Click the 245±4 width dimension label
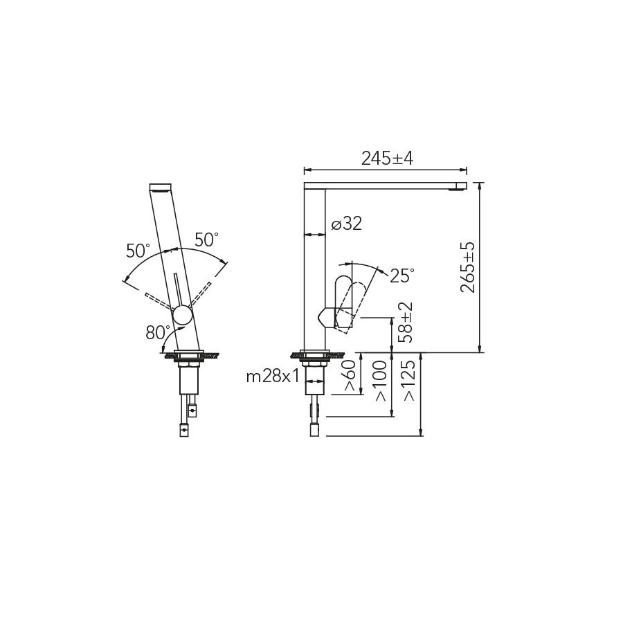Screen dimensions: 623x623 (387, 159)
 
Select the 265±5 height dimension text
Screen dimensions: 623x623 (469, 267)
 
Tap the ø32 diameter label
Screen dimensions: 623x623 (346, 224)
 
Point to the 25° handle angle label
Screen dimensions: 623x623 (402, 276)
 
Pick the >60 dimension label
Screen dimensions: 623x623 (350, 376)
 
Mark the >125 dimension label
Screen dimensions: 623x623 (410, 381)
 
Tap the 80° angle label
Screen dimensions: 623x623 (158, 332)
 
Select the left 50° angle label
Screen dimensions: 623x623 (138, 251)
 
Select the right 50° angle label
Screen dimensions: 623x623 (206, 240)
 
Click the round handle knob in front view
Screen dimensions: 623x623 (183, 315)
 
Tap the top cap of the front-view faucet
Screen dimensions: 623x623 (161, 187)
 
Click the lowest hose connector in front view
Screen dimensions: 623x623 (184, 430)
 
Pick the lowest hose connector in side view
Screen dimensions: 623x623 (314, 431)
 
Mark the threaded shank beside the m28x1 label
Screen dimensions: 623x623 (315, 373)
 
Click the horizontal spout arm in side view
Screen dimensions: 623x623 (388, 185)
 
